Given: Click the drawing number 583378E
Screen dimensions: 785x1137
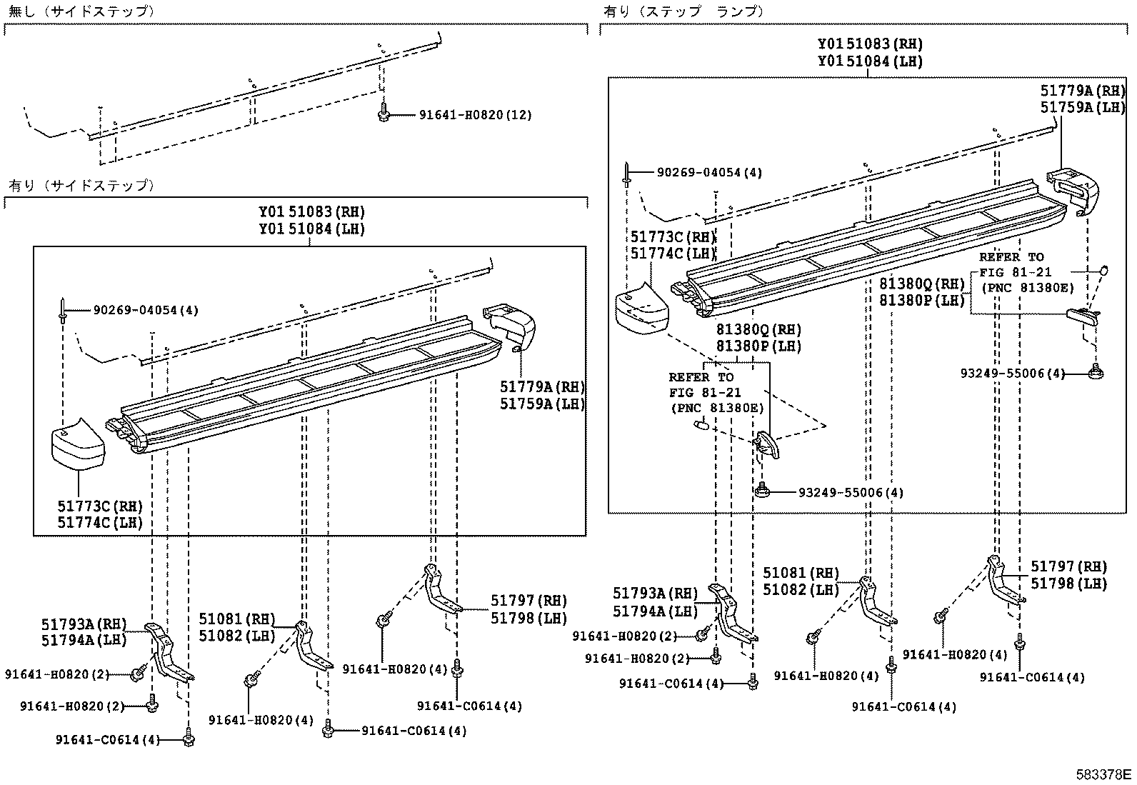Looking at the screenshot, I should click(x=1104, y=774).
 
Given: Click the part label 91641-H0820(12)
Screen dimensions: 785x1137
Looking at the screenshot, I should click(x=476, y=115).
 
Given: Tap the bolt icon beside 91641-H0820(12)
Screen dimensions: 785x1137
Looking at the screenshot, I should click(x=384, y=113).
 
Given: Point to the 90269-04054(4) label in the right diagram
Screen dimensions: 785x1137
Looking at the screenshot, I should click(x=710, y=173).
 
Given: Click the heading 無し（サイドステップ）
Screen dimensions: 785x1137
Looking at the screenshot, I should click(x=82, y=11).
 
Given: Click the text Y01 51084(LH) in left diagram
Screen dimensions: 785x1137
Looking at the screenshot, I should click(x=311, y=229).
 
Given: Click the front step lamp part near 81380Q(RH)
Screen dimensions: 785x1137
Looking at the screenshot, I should click(x=766, y=443).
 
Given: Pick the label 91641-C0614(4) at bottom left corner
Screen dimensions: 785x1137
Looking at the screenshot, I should click(x=107, y=740).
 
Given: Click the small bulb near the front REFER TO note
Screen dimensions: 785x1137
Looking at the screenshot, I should click(x=700, y=426).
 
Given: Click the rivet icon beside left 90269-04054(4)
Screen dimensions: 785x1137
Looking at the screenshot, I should click(x=64, y=311).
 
